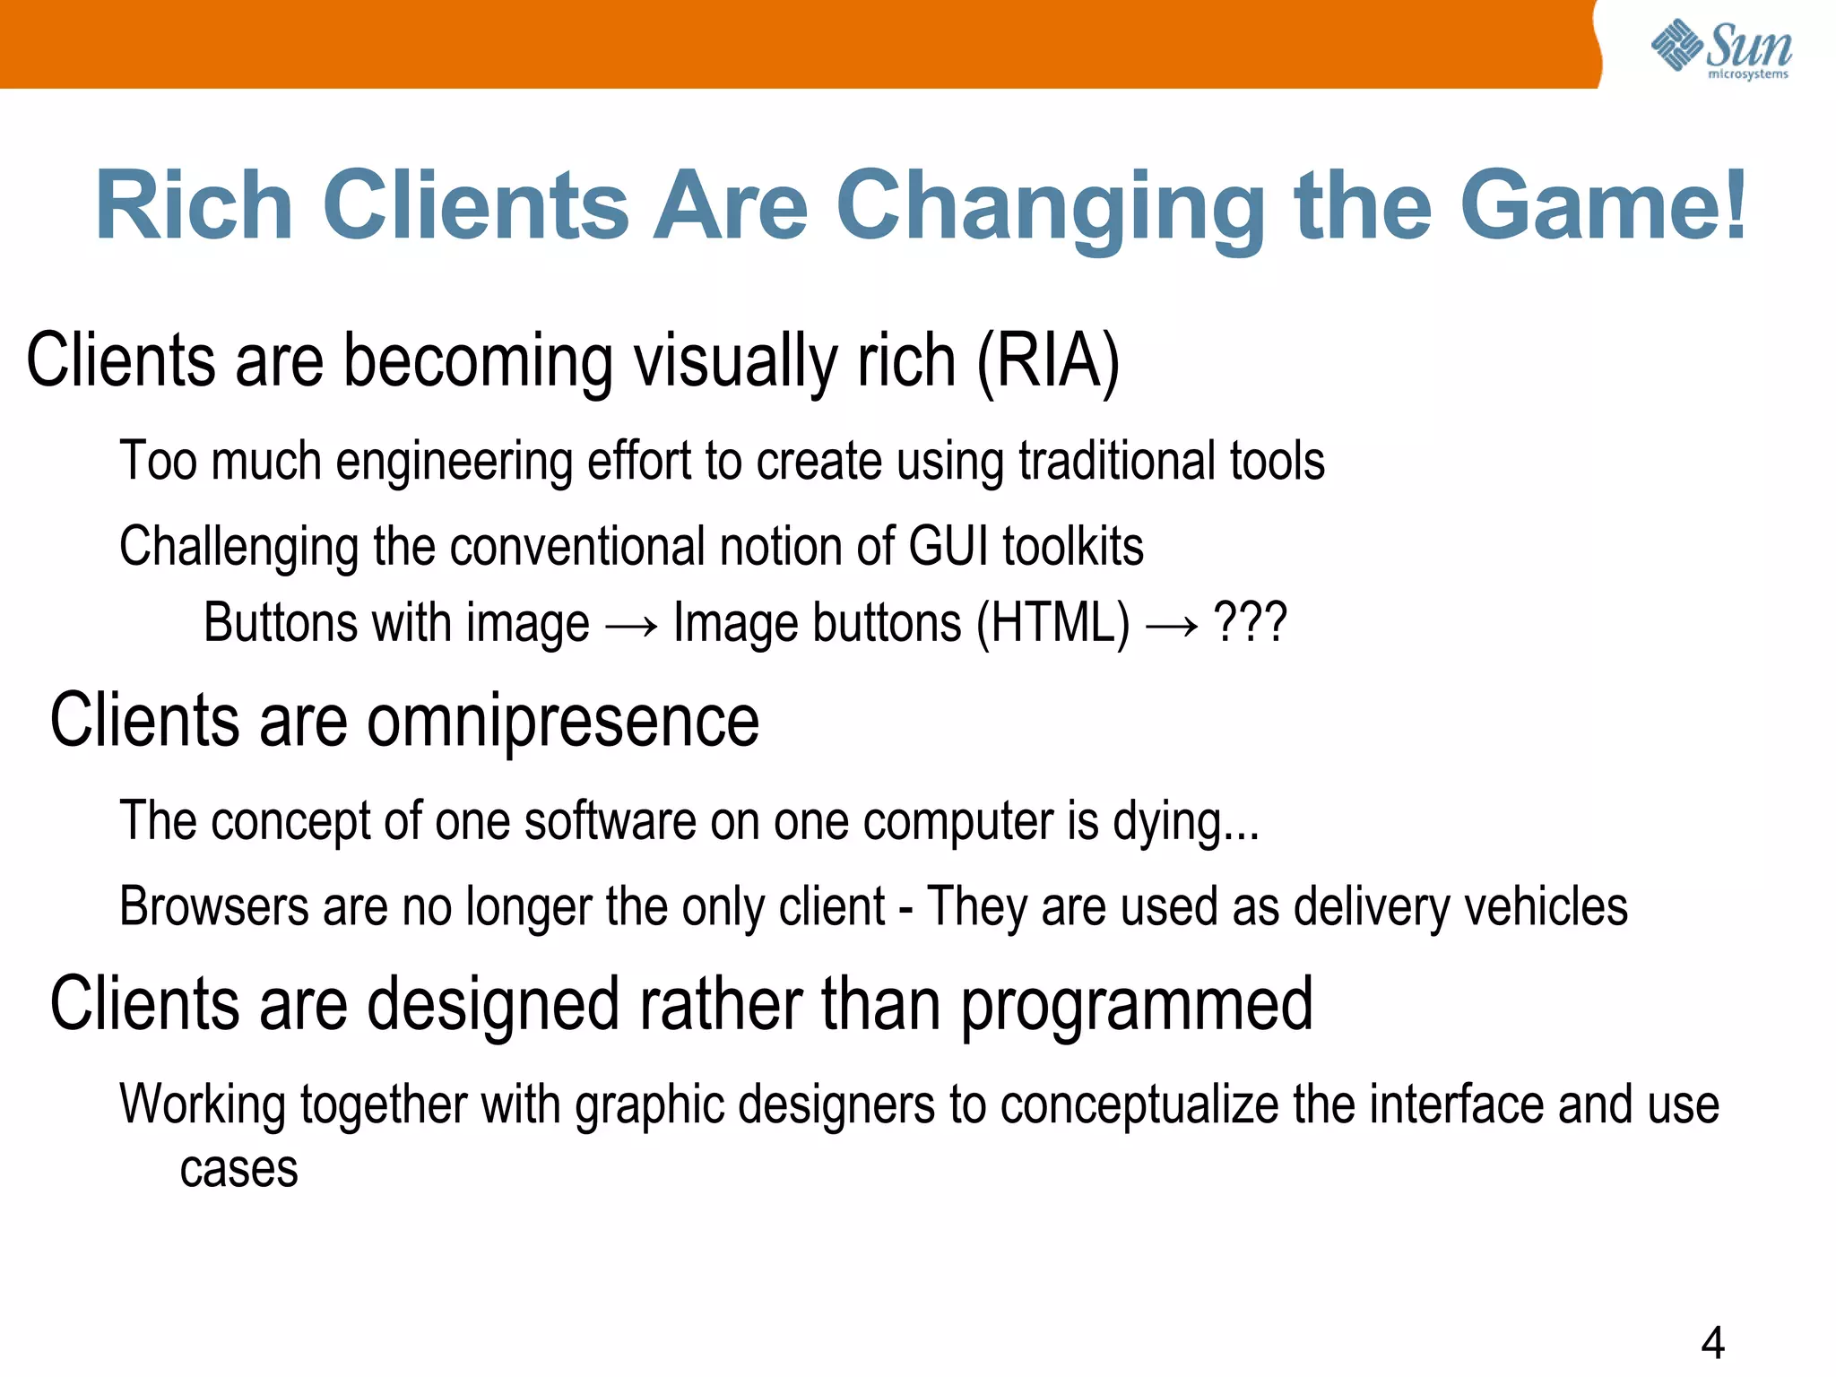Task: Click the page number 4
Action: [1712, 1342]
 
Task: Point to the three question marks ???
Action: [1250, 621]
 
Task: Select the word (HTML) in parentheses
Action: [1052, 623]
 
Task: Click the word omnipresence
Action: [563, 722]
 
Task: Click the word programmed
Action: [1137, 1006]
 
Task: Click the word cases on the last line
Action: [238, 1170]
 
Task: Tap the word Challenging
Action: [238, 547]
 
